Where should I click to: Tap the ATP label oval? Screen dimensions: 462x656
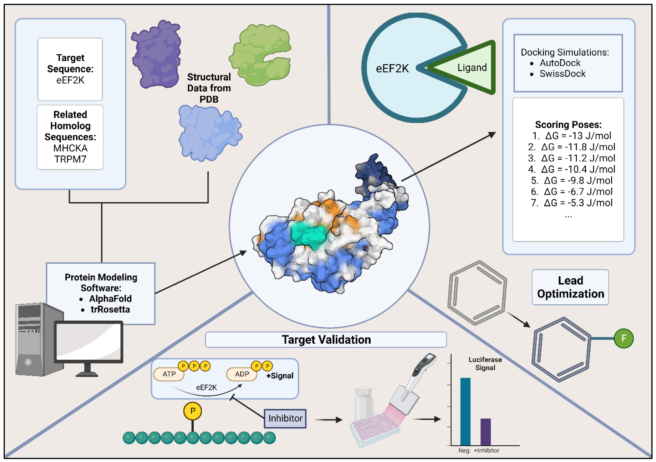[x=169, y=374]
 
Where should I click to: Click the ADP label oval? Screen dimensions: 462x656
[x=242, y=374]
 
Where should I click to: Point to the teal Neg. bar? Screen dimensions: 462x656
[x=465, y=411]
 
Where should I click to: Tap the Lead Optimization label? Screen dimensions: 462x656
[x=570, y=287]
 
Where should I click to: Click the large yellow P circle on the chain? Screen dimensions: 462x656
[x=193, y=411]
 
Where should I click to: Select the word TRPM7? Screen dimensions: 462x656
[x=70, y=159]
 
